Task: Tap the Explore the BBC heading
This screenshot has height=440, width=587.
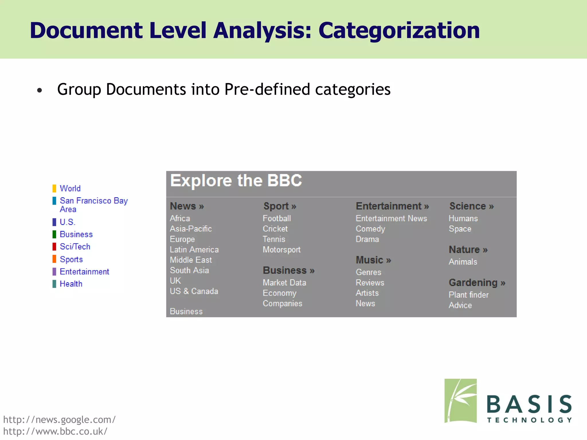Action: click(236, 181)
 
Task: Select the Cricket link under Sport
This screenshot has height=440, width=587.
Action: click(275, 229)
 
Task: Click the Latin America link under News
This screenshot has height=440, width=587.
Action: click(194, 250)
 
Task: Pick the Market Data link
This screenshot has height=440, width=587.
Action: click(284, 283)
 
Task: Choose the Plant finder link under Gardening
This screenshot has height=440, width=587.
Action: click(468, 295)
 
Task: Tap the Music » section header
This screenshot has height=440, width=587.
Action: click(373, 260)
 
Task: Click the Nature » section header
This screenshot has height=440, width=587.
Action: click(468, 250)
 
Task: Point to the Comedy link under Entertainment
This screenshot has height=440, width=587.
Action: click(370, 229)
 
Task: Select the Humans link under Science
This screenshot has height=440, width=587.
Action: click(463, 219)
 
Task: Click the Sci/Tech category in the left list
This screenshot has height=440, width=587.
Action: click(75, 247)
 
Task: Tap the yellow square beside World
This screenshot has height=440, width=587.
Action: click(54, 188)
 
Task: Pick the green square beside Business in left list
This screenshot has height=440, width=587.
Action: click(54, 234)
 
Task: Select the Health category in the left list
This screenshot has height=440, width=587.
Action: click(71, 284)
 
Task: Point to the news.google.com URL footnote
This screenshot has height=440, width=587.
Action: click(59, 420)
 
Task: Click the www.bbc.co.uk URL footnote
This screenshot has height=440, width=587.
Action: click(55, 431)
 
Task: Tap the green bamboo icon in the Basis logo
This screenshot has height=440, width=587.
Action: click(460, 401)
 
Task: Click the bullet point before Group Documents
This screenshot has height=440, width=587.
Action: click(40, 91)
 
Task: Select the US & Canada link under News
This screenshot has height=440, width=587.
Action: click(194, 291)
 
